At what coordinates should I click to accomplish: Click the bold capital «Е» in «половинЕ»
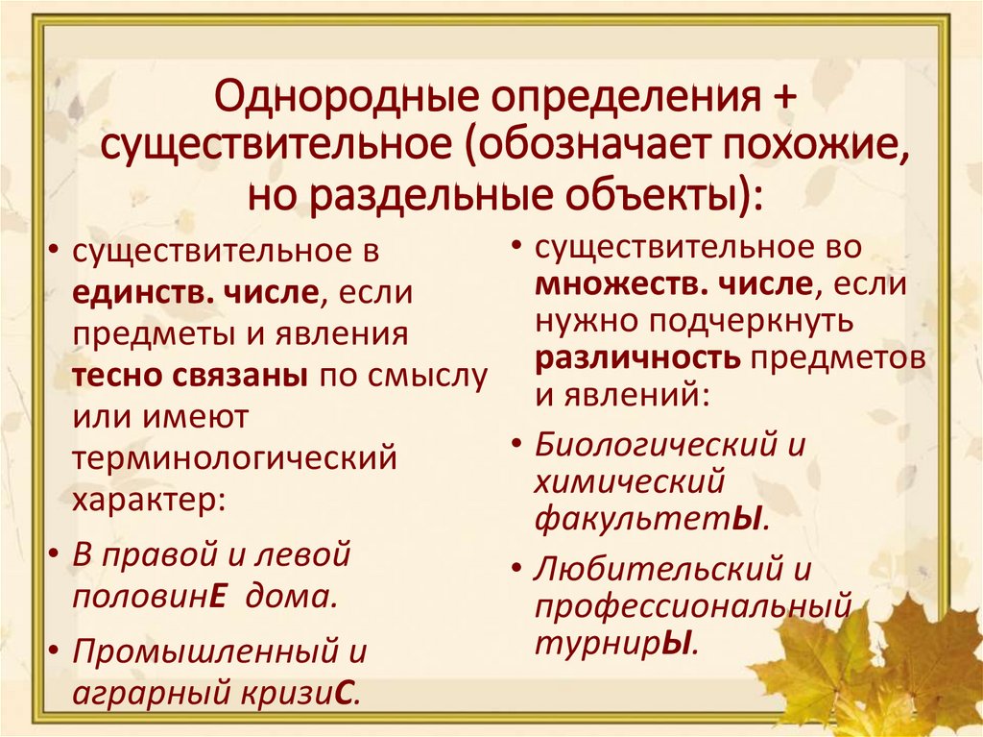217,595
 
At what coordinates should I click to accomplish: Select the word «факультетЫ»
651,520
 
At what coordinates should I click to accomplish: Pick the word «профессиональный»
693,607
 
